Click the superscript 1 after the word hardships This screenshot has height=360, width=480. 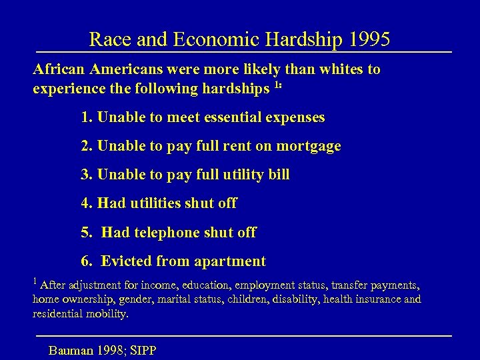click(277, 85)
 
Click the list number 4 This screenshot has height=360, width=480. click(85, 203)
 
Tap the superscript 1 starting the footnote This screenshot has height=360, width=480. click(35, 281)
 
